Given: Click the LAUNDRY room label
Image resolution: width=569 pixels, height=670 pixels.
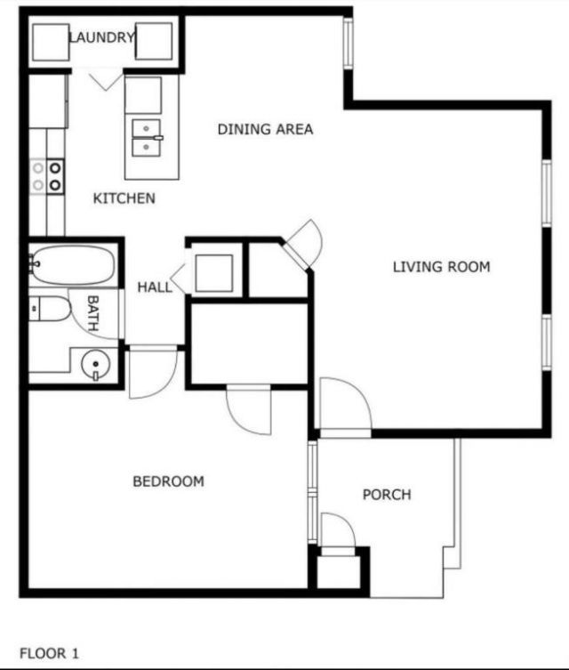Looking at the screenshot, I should coord(102,37).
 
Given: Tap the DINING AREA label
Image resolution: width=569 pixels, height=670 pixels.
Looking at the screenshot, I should coord(265,129).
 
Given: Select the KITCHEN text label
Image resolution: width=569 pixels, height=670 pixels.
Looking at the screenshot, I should coord(124,198).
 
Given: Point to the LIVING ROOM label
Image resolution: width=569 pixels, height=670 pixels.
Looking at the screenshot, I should coord(441,266).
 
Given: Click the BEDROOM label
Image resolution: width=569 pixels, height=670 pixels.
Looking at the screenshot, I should coord(168,481).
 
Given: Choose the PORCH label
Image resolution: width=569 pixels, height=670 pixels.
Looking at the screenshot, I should coord(387,495).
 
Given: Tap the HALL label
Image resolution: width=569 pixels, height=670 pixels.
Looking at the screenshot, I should coord(155,287).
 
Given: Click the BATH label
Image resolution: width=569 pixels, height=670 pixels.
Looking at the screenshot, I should coord(93,313).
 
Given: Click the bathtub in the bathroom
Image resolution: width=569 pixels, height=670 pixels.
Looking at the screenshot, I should coord(72,263).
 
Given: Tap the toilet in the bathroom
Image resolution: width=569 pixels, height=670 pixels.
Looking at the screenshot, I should coord(52,310).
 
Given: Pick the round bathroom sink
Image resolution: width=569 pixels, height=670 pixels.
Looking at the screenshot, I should coord(93,365).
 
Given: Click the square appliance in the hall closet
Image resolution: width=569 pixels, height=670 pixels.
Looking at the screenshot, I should coord(213,273).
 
